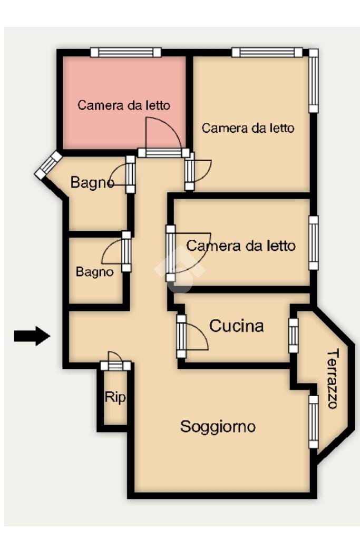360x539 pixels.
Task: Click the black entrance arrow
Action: coord(32,336)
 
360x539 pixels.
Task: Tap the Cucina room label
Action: coord(237,326)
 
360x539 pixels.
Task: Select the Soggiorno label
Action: coord(218,426)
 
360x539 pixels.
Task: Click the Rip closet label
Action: coord(115,397)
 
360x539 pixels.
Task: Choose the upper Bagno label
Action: coord(92,183)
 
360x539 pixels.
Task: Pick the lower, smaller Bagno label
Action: coord(94,272)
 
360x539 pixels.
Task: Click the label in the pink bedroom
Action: coord(124,105)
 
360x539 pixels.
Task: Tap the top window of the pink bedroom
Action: coord(125,52)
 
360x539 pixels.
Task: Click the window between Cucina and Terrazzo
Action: coord(294,335)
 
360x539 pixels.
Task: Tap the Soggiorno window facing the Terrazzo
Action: coord(314,422)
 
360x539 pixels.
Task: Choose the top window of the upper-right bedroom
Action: coord(267,52)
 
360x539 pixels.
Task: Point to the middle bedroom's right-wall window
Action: coord(314,243)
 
